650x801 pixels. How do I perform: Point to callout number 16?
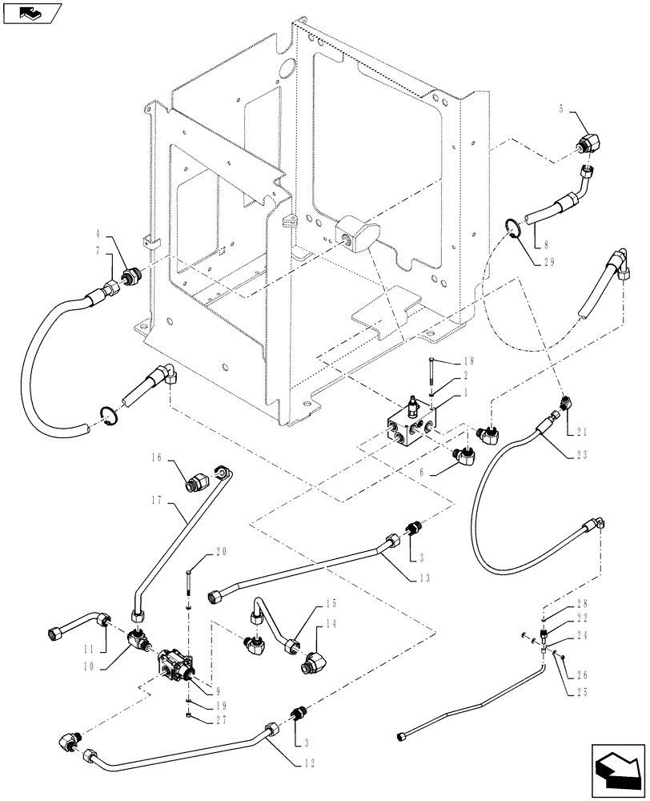[x=156, y=459]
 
